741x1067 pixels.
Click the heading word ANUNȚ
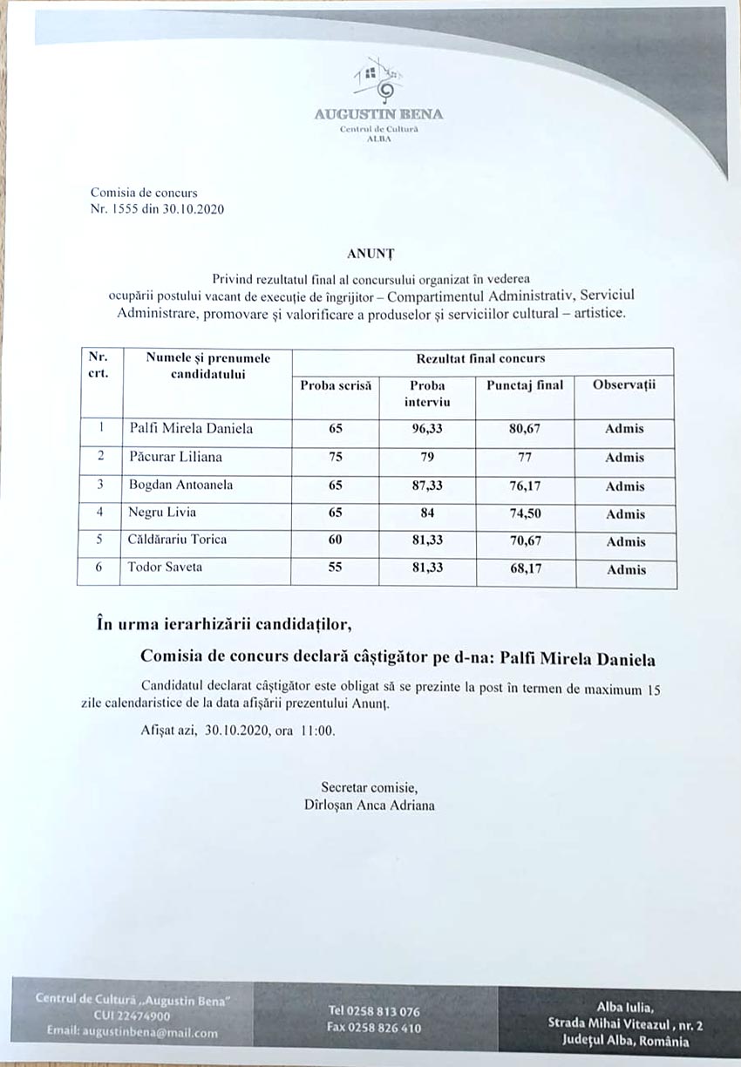tap(371, 254)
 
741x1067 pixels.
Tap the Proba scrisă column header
tap(336, 384)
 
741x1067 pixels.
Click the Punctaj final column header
tap(525, 384)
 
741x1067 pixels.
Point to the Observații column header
tap(624, 384)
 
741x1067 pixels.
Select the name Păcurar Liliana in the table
tap(175, 456)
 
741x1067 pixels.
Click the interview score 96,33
tap(427, 429)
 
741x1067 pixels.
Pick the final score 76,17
tap(525, 486)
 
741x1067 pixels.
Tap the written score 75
tap(336, 457)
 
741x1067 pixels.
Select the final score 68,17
tap(525, 569)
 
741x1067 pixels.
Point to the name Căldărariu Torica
tap(178, 540)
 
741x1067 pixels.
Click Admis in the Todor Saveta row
tap(626, 570)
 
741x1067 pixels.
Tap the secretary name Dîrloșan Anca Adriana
tap(364, 805)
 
